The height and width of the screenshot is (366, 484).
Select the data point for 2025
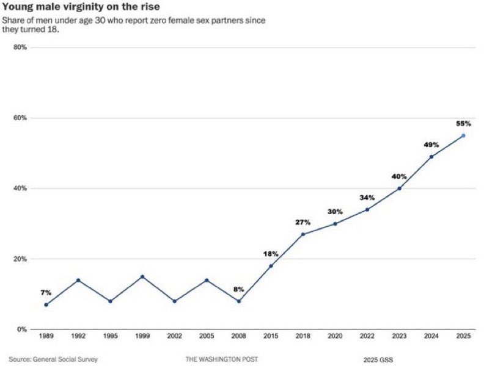click(x=463, y=135)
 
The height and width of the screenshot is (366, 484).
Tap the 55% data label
click(x=463, y=123)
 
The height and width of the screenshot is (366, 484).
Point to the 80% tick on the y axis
click(x=20, y=47)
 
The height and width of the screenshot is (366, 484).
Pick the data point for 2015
click(x=271, y=266)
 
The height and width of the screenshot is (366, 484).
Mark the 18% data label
click(x=271, y=253)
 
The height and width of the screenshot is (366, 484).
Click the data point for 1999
click(x=142, y=276)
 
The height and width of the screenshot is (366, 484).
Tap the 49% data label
click(x=431, y=145)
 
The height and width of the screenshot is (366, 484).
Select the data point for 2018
click(x=303, y=234)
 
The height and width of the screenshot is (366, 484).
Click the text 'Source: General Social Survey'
click(x=53, y=359)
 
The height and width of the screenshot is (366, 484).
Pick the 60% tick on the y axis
click(x=20, y=118)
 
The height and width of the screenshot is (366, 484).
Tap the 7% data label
click(x=46, y=293)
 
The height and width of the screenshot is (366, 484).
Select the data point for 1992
click(x=78, y=280)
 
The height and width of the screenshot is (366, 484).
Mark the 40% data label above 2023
click(x=399, y=176)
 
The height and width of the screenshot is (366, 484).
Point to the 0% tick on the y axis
click(x=21, y=329)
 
